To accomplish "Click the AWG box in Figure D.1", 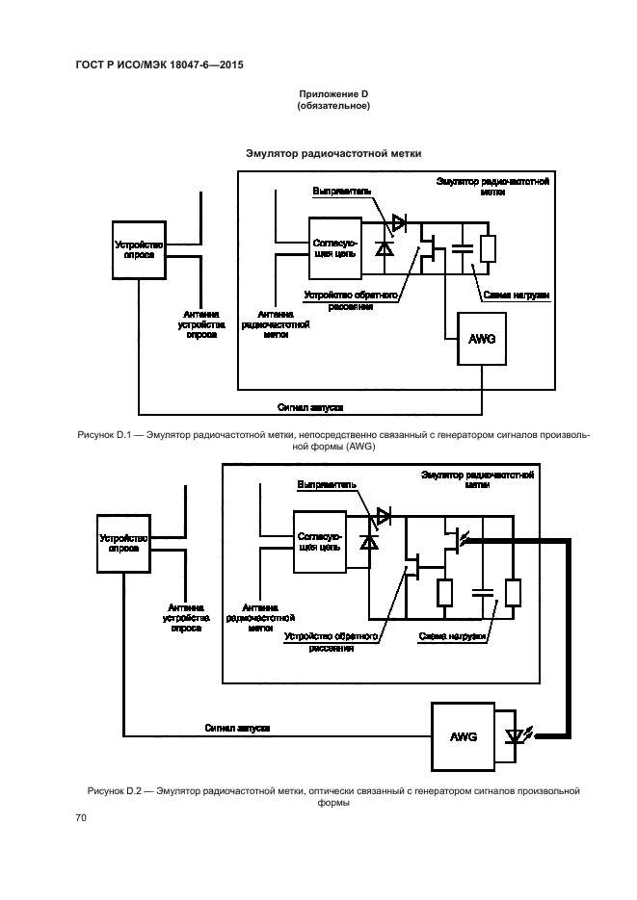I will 483,339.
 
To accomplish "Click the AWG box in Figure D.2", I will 464,736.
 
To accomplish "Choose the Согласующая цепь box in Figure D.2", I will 320,542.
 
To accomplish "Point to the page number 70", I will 81,817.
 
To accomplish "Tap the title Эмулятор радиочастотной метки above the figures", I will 333,153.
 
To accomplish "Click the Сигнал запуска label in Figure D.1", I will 310,407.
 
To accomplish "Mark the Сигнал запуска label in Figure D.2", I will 237,729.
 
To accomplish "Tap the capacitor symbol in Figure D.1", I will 462,248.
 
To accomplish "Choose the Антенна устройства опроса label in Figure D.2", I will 186,617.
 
